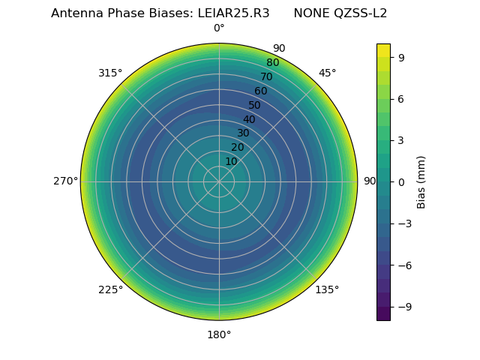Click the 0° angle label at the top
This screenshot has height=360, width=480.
coord(219,28)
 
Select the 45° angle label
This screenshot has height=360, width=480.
coord(327,73)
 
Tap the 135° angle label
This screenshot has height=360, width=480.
coord(327,289)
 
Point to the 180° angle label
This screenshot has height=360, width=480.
coord(219,334)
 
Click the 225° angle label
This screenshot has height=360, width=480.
coord(110,289)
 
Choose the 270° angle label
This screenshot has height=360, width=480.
coord(65,181)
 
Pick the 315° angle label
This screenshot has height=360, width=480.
coord(110,73)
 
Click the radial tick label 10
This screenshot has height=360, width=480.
coord(231,161)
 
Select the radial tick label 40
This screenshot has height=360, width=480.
coord(249,119)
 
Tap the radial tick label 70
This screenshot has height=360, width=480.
coord(266,77)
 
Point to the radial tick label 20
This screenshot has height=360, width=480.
coord(237,147)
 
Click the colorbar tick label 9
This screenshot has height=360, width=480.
coord(401,57)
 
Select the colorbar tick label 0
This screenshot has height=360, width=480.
coord(401,181)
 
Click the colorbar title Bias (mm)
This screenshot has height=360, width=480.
coord(421,181)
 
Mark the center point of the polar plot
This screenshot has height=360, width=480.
coord(219,181)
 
